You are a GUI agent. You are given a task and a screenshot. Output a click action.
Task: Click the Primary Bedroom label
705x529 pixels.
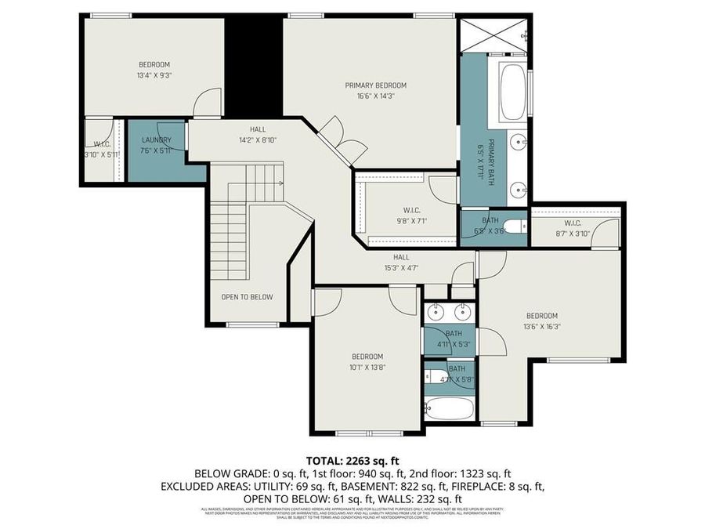[376, 85]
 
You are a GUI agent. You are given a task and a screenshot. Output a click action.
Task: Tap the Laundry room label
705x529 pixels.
[156, 140]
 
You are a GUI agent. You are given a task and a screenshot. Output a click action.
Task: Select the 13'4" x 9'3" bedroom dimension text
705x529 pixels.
[154, 76]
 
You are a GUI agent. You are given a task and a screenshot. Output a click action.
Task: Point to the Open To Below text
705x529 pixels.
[247, 297]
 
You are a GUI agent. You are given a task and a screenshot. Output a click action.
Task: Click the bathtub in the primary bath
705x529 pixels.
[514, 92]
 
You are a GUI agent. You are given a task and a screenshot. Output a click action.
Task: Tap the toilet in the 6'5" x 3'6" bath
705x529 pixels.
[513, 227]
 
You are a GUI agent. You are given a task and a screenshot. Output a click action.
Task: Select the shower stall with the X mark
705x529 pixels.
[493, 34]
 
